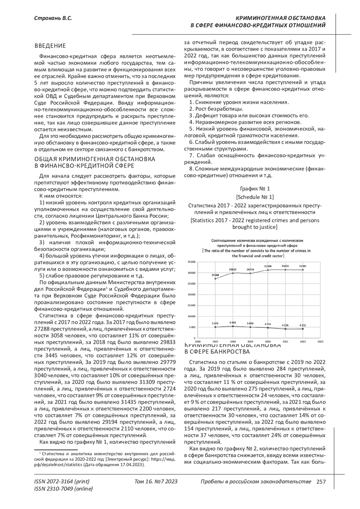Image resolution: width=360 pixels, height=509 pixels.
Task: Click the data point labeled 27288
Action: coord(215,279)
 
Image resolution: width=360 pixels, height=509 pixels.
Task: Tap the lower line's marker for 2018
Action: coord(233,326)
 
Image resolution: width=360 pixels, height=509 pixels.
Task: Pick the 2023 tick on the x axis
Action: coord(320,341)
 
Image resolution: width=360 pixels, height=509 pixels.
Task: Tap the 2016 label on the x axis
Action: coord(198,341)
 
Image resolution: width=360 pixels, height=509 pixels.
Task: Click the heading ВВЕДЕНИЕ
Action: coord(50,46)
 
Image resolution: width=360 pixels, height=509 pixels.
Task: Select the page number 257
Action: coord(321,481)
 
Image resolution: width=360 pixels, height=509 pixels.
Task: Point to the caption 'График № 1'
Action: coord(255,189)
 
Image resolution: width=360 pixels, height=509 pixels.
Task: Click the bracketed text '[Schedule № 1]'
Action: coord(255,197)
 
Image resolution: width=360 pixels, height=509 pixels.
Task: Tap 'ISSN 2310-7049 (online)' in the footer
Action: coord(64,489)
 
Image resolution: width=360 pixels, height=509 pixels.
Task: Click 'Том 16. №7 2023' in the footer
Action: coord(156,481)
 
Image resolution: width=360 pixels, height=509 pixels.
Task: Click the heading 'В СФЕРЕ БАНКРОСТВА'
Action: coord(217,352)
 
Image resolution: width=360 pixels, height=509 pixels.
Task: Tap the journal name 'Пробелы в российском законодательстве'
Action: coord(256,481)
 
